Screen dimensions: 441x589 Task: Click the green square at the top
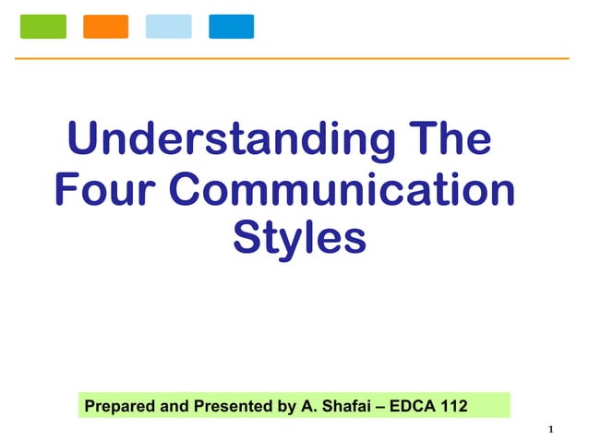pyautogui.click(x=43, y=27)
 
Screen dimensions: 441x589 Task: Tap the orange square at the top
pyautogui.click(x=106, y=27)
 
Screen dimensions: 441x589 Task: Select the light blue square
pyautogui.click(x=169, y=27)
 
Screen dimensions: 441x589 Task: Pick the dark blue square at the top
pyautogui.click(x=231, y=27)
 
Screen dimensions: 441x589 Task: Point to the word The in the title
pyautogui.click(x=449, y=140)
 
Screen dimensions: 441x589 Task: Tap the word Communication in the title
pyautogui.click(x=343, y=190)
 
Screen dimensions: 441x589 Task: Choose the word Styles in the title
pyautogui.click(x=300, y=237)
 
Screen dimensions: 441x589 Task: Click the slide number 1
pyautogui.click(x=550, y=429)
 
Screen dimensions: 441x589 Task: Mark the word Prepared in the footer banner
pyautogui.click(x=116, y=405)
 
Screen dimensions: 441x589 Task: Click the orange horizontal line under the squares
pyautogui.click(x=294, y=58)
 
